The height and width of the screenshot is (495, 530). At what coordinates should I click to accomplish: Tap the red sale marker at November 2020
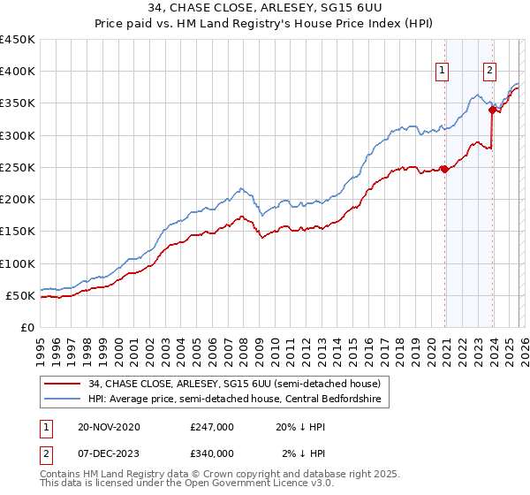[x=444, y=170]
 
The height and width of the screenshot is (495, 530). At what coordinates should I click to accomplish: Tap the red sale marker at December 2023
[x=492, y=110]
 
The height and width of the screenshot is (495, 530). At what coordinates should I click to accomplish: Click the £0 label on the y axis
[x=27, y=327]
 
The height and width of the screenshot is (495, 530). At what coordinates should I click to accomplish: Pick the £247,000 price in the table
[x=212, y=427]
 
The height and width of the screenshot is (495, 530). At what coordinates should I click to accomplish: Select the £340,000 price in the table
[x=212, y=453]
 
